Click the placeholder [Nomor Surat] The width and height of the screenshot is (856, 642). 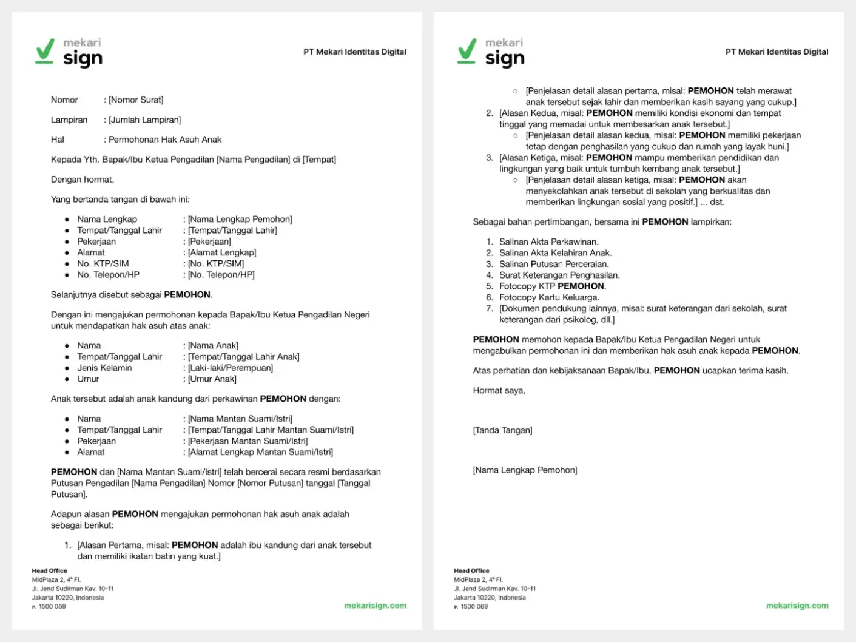pyautogui.click(x=136, y=100)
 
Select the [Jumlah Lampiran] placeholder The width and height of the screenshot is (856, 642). pyautogui.click(x=145, y=120)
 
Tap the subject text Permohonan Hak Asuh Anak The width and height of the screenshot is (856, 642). pyautogui.click(x=165, y=140)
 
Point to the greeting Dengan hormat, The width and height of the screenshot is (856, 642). pyautogui.click(x=83, y=180)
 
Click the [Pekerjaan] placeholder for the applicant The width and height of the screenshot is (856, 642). pyautogui.click(x=209, y=242)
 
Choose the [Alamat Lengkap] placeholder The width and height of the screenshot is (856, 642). pyautogui.click(x=222, y=252)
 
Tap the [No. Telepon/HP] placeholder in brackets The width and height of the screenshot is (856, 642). pyautogui.click(x=221, y=275)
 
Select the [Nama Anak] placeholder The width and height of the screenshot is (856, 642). pyautogui.click(x=213, y=346)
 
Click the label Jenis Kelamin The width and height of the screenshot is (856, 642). pyautogui.click(x=104, y=368)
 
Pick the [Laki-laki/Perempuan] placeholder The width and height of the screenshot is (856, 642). pyautogui.click(x=231, y=368)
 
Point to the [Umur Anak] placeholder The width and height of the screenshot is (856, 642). pyautogui.click(x=212, y=379)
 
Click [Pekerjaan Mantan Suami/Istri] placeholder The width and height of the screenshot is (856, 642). pyautogui.click(x=248, y=441)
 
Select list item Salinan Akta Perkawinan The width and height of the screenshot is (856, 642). pyautogui.click(x=549, y=242)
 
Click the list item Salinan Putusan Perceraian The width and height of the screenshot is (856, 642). pyautogui.click(x=554, y=264)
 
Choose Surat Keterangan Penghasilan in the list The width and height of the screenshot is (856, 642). pyautogui.click(x=559, y=275)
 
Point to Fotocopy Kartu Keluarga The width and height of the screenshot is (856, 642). pyautogui.click(x=549, y=297)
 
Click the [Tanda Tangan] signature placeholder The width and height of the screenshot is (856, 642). pyautogui.click(x=502, y=431)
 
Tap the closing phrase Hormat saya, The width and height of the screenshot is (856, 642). pyautogui.click(x=499, y=391)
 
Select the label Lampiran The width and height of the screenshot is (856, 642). pyautogui.click(x=69, y=120)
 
